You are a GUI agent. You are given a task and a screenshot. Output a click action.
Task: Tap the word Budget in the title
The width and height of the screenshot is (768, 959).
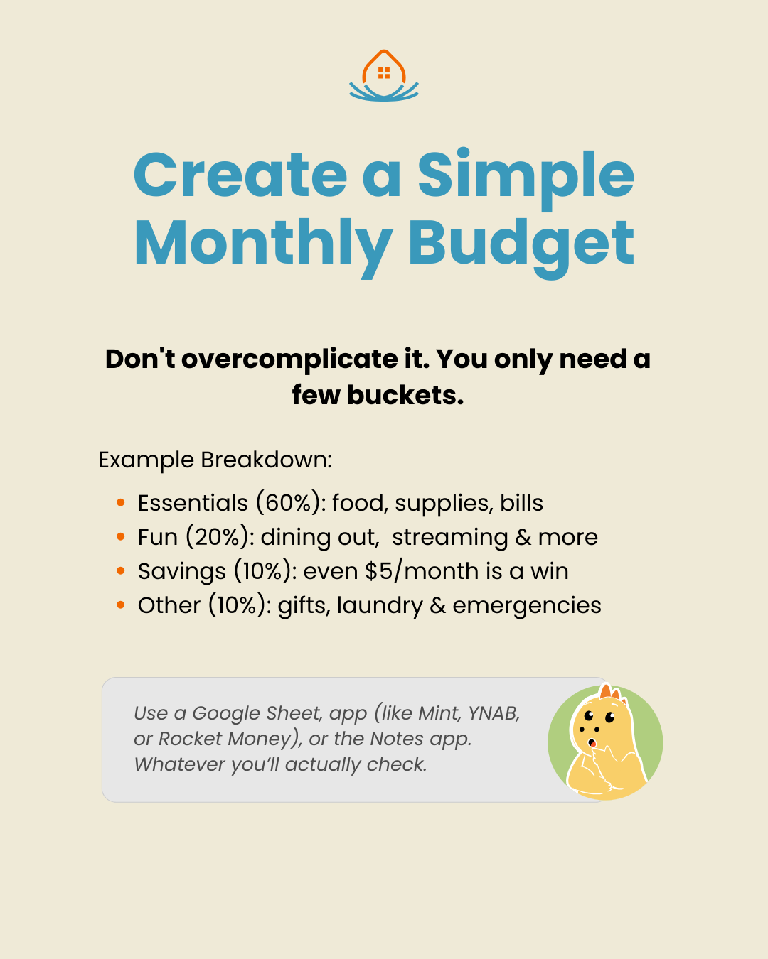[521, 246]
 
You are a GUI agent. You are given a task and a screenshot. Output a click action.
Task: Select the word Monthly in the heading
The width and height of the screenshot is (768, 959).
[263, 246]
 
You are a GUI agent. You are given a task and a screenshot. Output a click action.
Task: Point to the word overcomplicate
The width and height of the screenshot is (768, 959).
[289, 359]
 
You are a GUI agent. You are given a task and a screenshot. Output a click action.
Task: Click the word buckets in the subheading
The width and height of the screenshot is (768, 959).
[405, 395]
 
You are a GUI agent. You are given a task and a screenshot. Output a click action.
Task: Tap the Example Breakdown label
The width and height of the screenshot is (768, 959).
[215, 460]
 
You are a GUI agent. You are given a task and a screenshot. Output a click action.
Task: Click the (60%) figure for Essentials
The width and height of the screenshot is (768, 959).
[288, 503]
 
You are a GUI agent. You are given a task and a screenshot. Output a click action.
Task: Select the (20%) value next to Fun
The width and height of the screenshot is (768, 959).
[218, 537]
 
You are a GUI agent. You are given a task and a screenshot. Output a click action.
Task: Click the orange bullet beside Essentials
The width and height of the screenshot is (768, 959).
[120, 503]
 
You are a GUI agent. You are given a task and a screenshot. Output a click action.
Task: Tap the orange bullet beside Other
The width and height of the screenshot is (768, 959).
[120, 605]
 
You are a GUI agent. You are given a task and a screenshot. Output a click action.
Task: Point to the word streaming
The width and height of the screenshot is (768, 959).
[450, 538]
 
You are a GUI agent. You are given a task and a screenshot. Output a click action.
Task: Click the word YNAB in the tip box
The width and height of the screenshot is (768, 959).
[494, 713]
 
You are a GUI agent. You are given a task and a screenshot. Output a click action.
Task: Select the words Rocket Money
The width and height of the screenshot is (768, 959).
[225, 739]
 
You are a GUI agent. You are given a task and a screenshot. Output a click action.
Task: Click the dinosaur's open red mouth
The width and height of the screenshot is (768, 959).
[592, 743]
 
